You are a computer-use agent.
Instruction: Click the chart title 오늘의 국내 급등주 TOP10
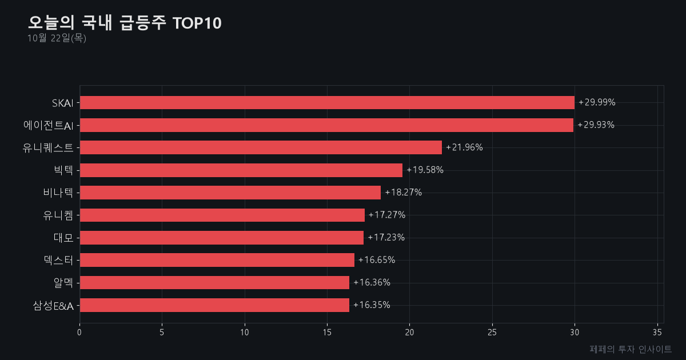pos(125,23)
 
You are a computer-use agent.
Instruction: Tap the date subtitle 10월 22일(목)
pos(57,38)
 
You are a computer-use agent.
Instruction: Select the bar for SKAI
pos(327,102)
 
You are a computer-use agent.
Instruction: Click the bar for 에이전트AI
pos(326,125)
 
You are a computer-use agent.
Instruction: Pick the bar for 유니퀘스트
pos(261,147)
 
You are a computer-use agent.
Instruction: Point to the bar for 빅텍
pos(241,170)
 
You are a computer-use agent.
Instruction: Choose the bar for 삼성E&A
pos(214,305)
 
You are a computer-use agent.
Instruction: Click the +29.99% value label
pos(597,102)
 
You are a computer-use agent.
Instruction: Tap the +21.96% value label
pos(464,147)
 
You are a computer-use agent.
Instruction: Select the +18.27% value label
pos(404,192)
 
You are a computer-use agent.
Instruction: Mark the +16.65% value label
pos(377,260)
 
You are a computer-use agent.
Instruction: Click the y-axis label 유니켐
pos(58,215)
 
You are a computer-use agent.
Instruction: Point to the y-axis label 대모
pos(63,238)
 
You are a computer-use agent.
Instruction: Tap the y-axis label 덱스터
pos(58,260)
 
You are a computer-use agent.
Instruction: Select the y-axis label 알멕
pos(63,282)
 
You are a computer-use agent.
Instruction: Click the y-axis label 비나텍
pos(58,193)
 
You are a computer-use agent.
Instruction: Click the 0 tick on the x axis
pos(79,333)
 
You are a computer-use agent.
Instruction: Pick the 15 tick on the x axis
pos(327,333)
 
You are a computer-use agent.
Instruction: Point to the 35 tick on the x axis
pos(657,333)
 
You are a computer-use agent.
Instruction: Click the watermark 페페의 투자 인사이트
pos(631,349)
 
